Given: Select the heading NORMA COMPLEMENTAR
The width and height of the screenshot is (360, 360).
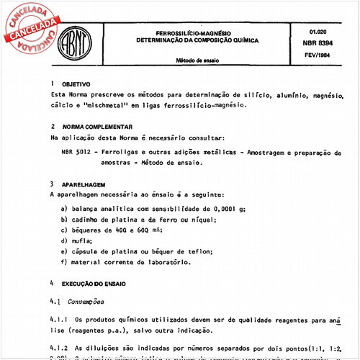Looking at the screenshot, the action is coord(98,127).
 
